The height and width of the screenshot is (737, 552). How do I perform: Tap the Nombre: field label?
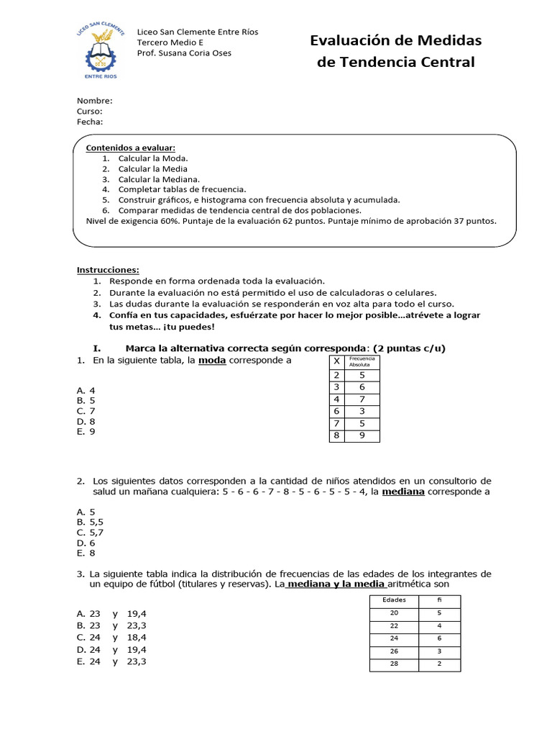click(94, 101)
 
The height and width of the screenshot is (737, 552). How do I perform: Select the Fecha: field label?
click(90, 122)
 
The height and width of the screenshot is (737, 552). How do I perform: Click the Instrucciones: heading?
click(109, 270)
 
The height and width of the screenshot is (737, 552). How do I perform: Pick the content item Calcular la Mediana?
click(159, 179)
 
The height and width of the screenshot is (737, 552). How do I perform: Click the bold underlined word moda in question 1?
click(212, 360)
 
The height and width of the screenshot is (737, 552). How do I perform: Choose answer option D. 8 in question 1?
click(86, 421)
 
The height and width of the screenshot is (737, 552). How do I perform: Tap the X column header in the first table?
click(336, 361)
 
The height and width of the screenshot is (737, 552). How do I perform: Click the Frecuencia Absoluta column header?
click(362, 361)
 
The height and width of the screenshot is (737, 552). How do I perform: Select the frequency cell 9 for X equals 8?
click(362, 435)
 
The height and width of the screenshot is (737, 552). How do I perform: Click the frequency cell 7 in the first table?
click(362, 399)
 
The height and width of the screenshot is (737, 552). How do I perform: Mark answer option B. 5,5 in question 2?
click(91, 522)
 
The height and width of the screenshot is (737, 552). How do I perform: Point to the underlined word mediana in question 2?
click(402, 492)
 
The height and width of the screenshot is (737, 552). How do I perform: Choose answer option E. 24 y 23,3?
click(111, 661)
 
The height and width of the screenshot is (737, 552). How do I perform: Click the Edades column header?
click(394, 600)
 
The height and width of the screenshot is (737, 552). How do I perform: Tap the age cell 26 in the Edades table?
click(394, 651)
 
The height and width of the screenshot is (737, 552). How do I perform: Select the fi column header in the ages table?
click(439, 600)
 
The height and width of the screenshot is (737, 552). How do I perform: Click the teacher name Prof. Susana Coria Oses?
click(184, 53)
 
